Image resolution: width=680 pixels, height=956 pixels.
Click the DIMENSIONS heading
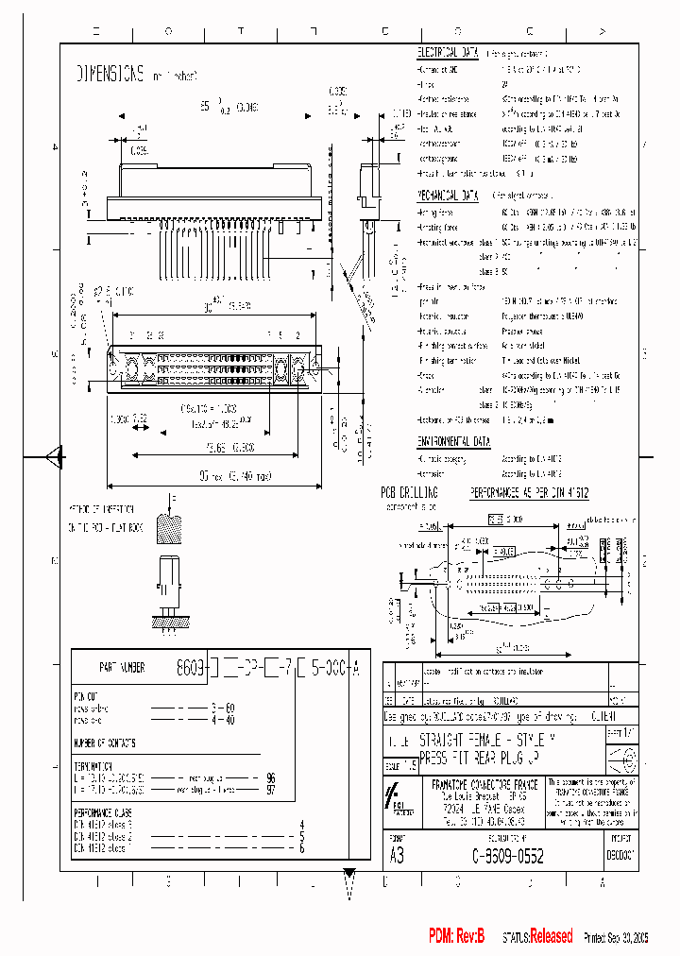coord(110,73)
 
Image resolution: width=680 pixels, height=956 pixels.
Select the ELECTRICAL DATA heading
coord(449,54)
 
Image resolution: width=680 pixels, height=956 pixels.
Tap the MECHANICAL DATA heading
coord(449,196)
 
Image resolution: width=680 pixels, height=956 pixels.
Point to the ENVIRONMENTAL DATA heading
coord(455,441)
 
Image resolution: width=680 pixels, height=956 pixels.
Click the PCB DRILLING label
coord(409,492)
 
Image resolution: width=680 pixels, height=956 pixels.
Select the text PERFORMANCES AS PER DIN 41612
coord(530,492)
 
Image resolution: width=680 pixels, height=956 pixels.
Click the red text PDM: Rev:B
coord(457,936)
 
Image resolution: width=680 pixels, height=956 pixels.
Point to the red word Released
coord(551,936)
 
